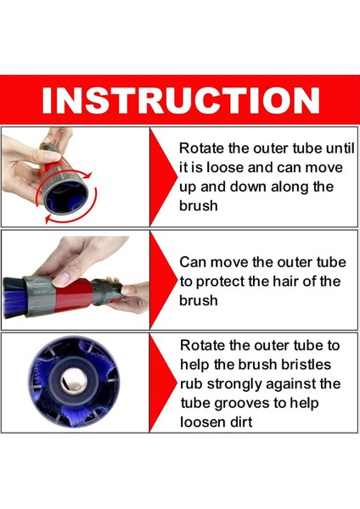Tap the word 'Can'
click(x=193, y=262)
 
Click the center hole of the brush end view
click(x=74, y=380)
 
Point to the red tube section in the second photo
click(x=73, y=294)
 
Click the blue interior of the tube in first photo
click(x=66, y=195)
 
